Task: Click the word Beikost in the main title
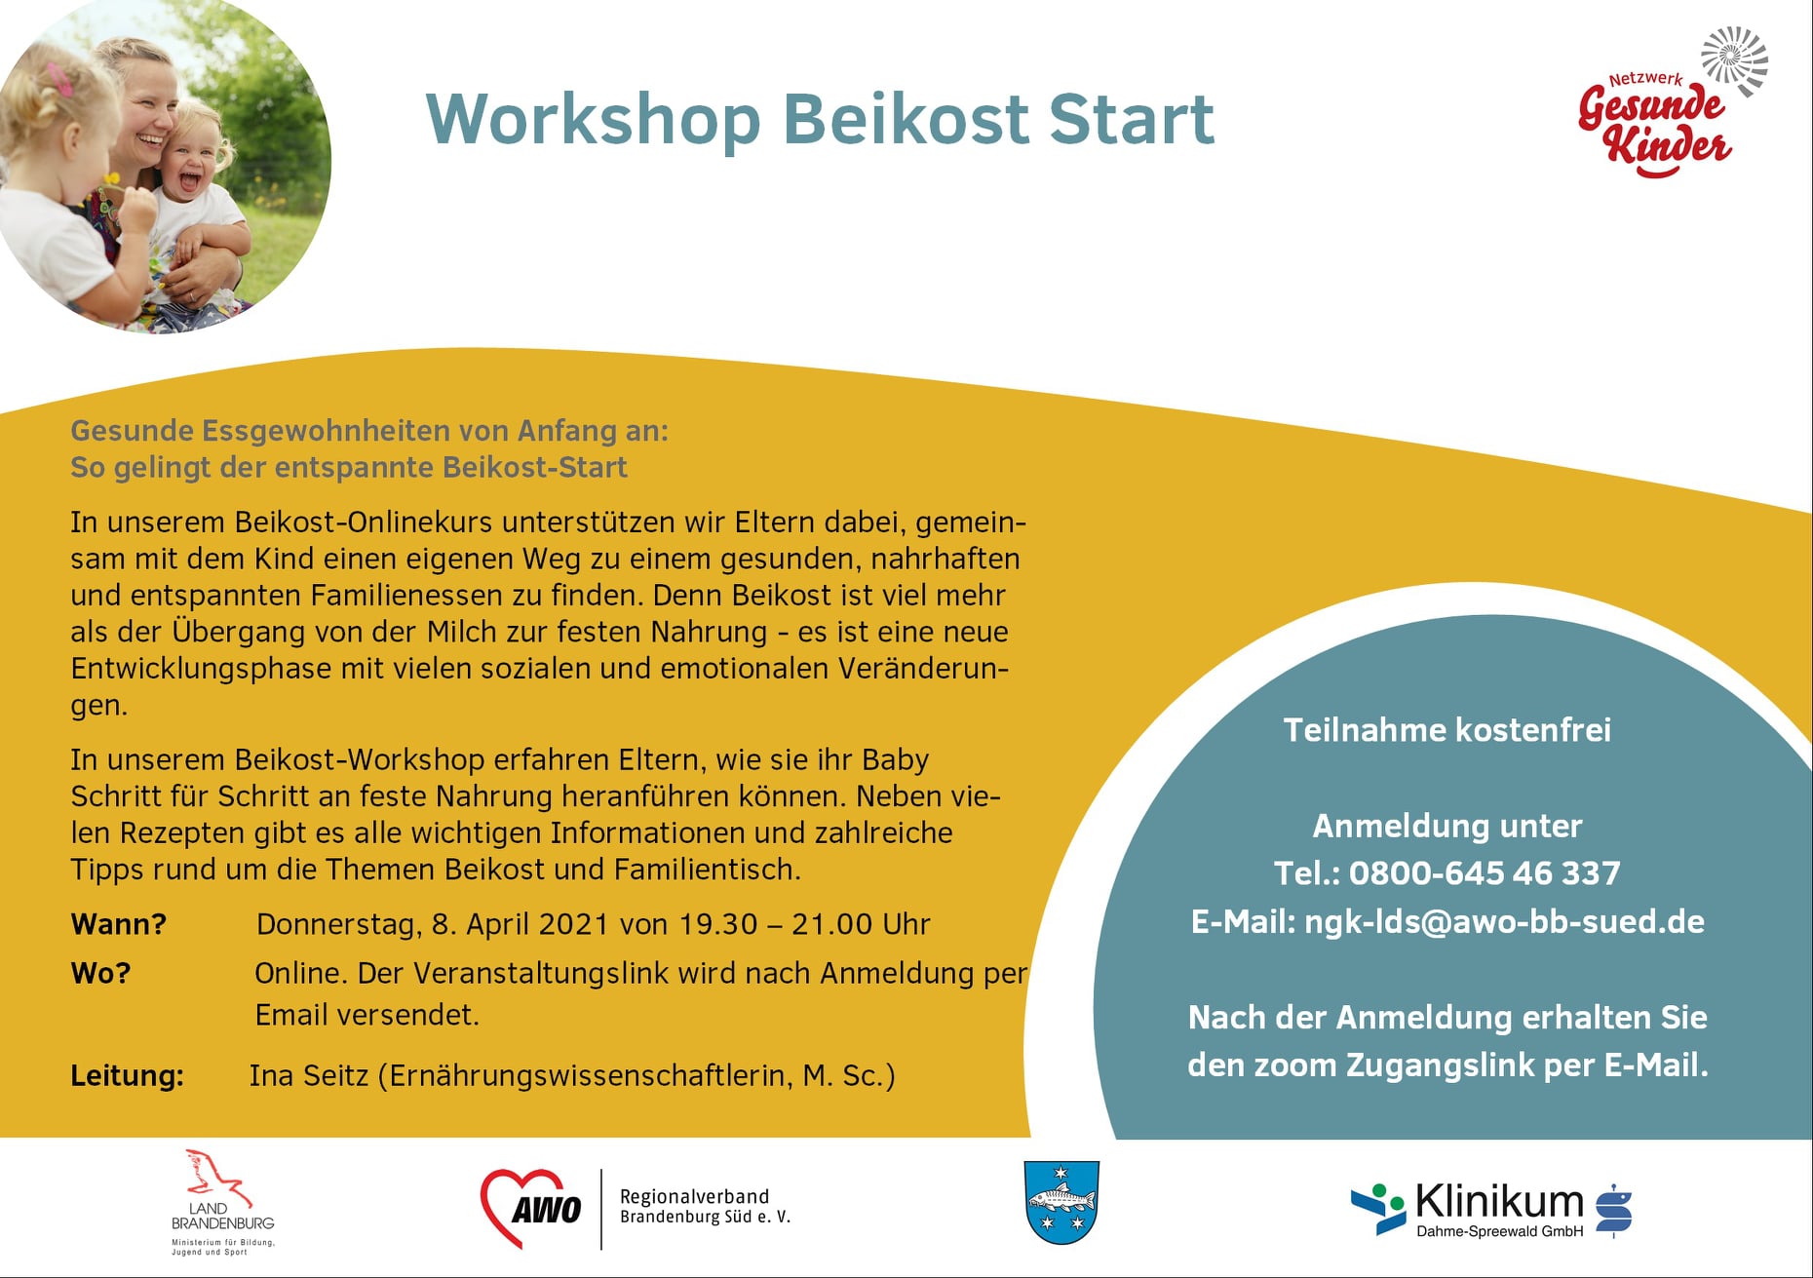coord(906,119)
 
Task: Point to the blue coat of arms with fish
coord(1062,1202)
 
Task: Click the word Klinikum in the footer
coord(1499,1201)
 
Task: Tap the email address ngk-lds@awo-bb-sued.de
coord(1504,922)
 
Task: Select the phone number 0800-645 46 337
coord(1485,872)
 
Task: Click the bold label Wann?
coord(119,924)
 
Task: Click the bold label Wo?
coord(100,973)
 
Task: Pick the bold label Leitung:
coord(128,1075)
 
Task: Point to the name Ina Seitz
coord(309,1075)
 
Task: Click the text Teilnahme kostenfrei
coord(1447,729)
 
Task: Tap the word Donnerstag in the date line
coord(339,924)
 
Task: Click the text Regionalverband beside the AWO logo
coord(695,1196)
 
